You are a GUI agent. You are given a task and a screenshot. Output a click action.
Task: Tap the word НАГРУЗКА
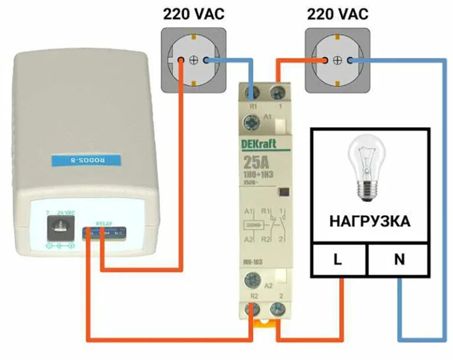tap(369, 222)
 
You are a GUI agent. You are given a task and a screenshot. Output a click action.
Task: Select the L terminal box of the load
tap(339, 259)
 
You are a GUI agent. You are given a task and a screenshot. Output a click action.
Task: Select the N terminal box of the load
tap(399, 259)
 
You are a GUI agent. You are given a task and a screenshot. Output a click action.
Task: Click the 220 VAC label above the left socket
tap(193, 14)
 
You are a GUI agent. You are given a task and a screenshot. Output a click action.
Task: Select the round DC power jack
tap(58, 226)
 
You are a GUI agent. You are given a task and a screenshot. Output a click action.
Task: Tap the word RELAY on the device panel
tap(103, 224)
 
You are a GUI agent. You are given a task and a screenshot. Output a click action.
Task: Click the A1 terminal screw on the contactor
tap(251, 123)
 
